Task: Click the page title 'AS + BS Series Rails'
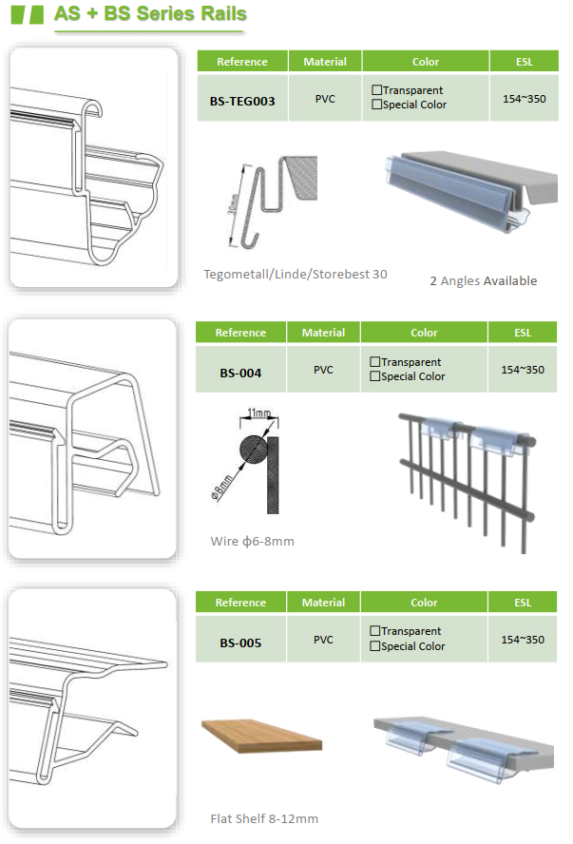(150, 14)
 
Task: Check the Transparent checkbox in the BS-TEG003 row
(376, 90)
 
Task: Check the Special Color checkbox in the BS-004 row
(375, 376)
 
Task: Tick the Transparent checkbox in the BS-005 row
(375, 630)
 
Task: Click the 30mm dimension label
(233, 203)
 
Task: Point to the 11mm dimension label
(258, 412)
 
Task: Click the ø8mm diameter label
(221, 488)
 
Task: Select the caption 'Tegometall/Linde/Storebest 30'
(296, 274)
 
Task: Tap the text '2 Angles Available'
(483, 280)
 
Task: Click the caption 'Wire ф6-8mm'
(253, 541)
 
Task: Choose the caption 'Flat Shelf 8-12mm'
(264, 818)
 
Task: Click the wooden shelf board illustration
(262, 736)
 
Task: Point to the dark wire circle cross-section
(253, 450)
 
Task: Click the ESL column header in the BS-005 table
(523, 603)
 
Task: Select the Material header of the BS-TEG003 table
(325, 62)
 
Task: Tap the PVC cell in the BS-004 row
(323, 369)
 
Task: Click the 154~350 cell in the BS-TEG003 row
(524, 98)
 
